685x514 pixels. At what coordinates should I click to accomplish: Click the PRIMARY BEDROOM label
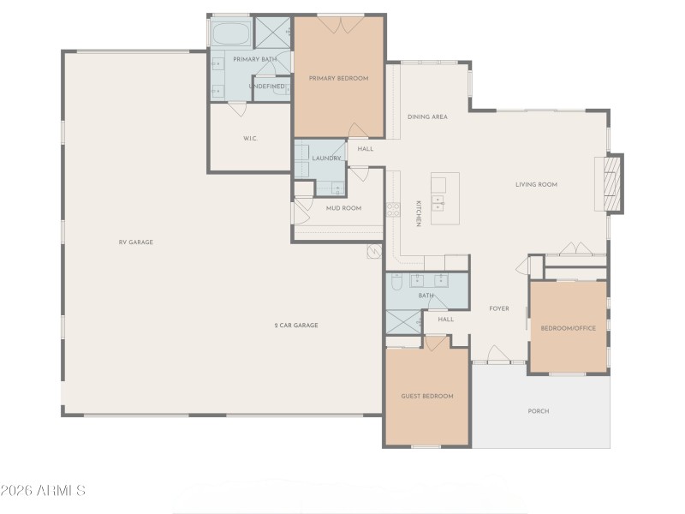coord(338,79)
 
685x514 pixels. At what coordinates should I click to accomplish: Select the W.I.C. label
coord(250,138)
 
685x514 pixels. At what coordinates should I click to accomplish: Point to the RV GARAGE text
coord(135,242)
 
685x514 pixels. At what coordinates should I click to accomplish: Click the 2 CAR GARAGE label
coord(296,326)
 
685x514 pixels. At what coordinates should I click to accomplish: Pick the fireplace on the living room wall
coord(613,182)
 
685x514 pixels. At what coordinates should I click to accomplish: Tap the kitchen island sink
coord(438,203)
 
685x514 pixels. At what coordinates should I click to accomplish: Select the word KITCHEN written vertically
coord(419,213)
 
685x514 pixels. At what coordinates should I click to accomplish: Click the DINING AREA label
coord(427,117)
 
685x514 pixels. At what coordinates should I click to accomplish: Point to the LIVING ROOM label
coord(536,184)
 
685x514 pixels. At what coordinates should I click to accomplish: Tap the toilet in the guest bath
coord(396,282)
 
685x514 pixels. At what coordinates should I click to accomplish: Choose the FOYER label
coord(499,308)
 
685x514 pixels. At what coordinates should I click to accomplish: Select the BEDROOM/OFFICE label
coord(568,328)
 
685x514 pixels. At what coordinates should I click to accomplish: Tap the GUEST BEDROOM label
coord(427,396)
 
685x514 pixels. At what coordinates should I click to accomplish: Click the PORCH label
coord(539,411)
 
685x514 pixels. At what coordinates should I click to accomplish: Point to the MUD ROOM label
coord(343,208)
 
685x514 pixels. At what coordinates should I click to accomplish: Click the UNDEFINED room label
coord(267,87)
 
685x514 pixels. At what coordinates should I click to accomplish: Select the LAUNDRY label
coord(327,158)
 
